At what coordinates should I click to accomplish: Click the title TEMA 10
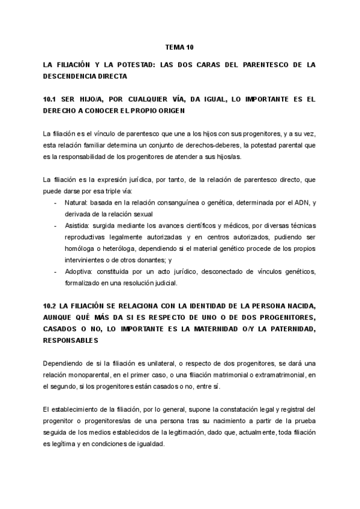pos(179,46)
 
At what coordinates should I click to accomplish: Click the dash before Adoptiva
pos(56,272)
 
